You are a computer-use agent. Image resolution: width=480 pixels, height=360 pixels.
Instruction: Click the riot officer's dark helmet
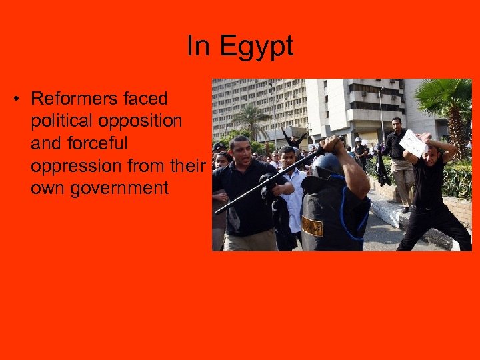coord(327,164)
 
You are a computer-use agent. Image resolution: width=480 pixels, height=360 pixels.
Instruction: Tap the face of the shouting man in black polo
coord(239,151)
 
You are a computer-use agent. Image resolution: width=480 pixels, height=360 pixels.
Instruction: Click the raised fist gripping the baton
coord(331,143)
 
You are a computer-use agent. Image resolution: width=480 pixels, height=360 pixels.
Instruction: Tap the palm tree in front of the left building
coord(251,120)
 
